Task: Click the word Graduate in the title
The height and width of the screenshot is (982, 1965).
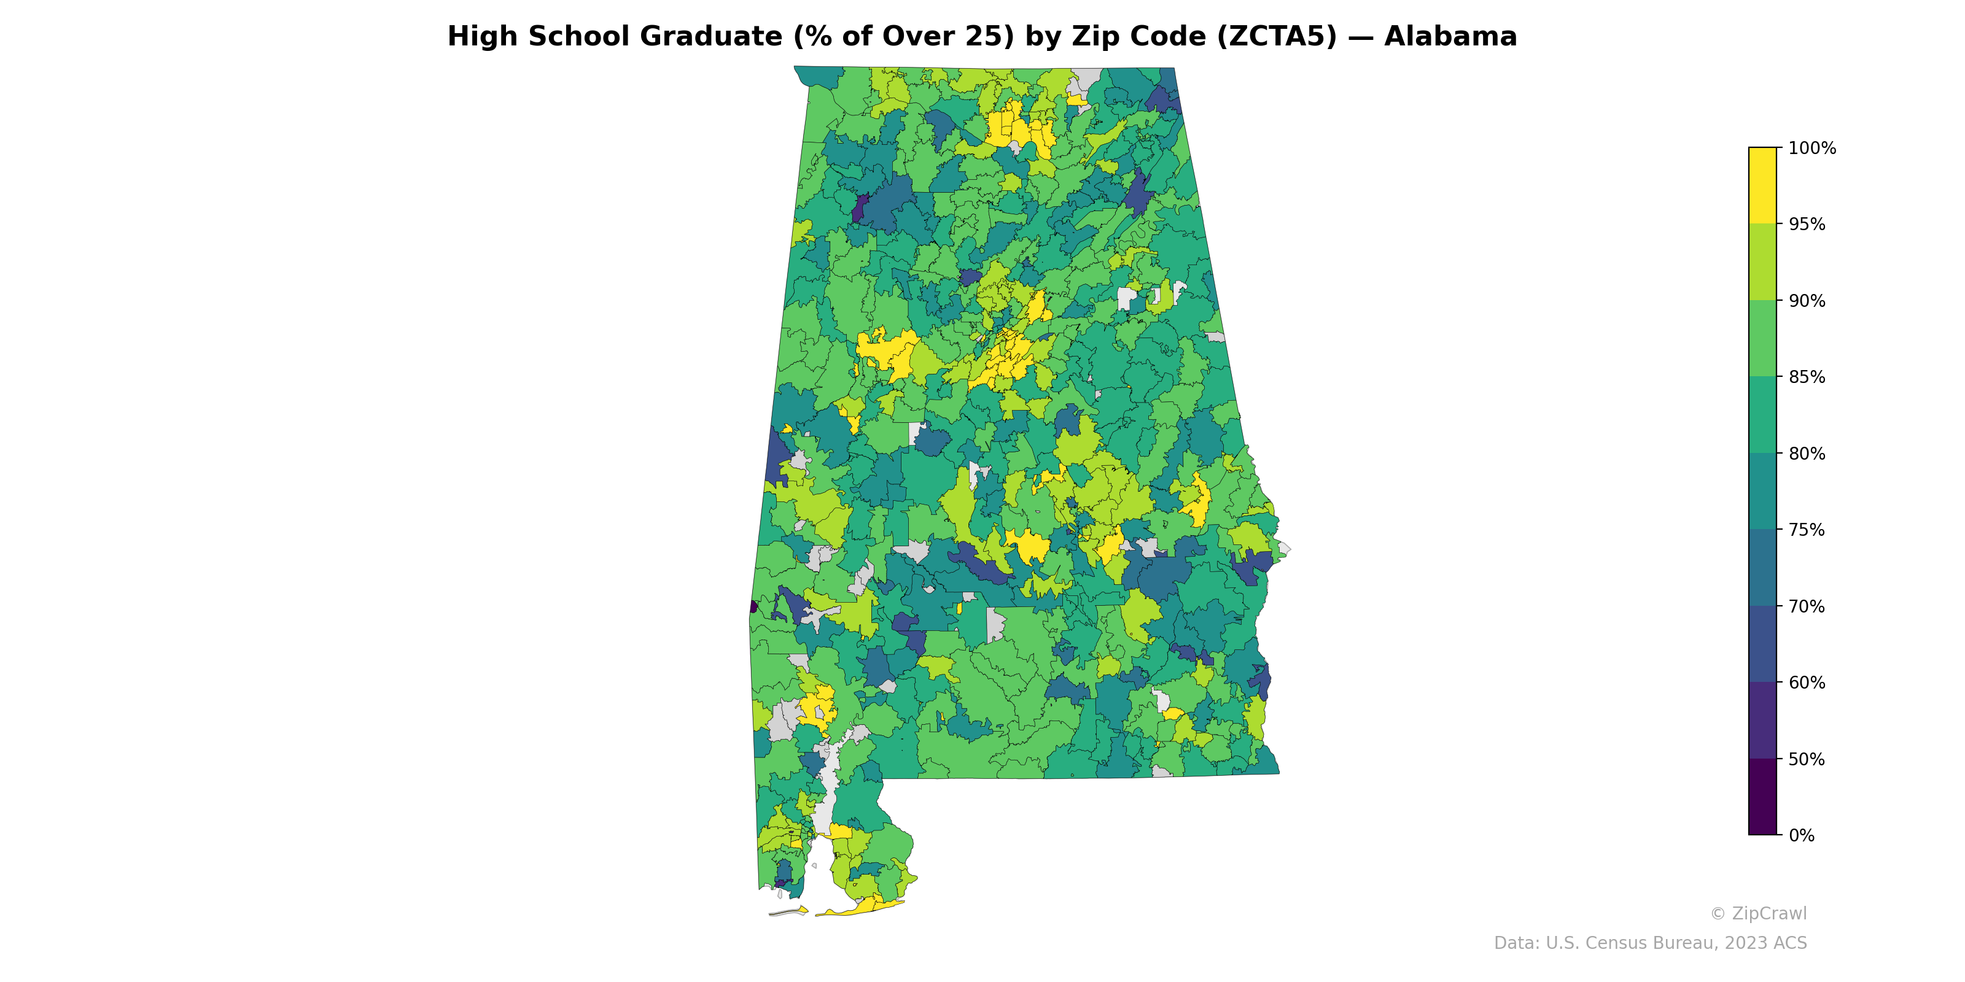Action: [x=711, y=37]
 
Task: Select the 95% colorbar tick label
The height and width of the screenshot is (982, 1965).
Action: [x=1807, y=224]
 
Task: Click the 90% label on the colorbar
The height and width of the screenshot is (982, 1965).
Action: [x=1807, y=300]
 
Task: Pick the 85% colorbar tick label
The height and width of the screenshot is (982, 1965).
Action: [x=1807, y=377]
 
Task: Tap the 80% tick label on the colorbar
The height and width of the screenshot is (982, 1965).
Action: [x=1807, y=454]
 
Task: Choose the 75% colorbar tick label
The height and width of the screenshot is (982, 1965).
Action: [x=1807, y=530]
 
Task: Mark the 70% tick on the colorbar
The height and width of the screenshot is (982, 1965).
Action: [x=1807, y=606]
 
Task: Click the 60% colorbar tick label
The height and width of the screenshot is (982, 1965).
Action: [x=1807, y=682]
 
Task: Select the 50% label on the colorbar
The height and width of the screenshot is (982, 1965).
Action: [x=1807, y=759]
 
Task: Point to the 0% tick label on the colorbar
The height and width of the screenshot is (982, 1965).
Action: [x=1801, y=835]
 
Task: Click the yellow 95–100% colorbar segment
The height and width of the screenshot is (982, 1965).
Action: [x=1762, y=185]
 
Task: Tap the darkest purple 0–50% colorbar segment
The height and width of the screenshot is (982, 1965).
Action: [x=1762, y=797]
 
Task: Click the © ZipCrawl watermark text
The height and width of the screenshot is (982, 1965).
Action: [x=1757, y=913]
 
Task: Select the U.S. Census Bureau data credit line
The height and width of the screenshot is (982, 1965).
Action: [x=1650, y=943]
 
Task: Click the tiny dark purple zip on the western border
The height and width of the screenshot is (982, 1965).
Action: [x=753, y=607]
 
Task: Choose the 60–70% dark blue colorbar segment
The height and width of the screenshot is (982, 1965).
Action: [x=1762, y=644]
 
